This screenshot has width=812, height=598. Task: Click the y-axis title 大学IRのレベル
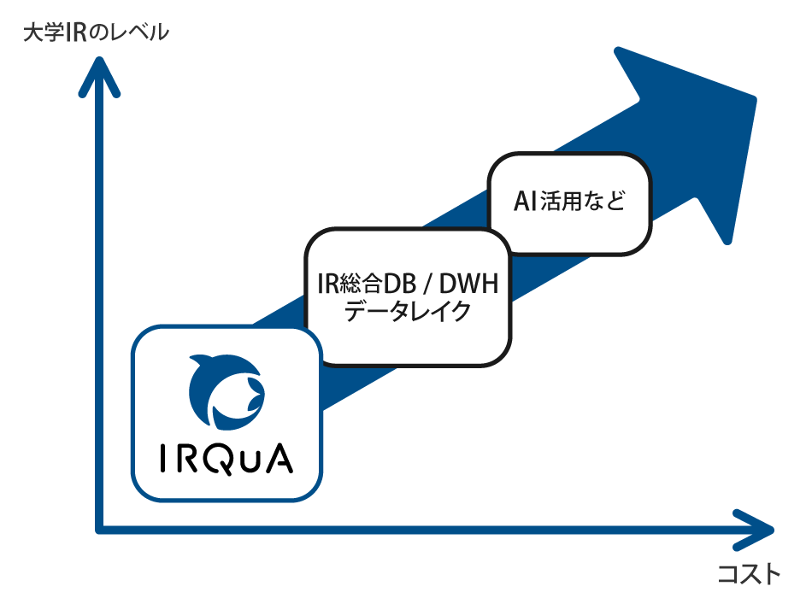click(x=96, y=33)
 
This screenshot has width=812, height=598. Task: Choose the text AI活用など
click(x=569, y=202)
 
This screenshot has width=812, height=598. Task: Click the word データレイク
click(x=407, y=312)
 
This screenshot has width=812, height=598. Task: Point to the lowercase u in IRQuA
click(x=249, y=461)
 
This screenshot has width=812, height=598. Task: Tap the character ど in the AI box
click(x=614, y=202)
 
